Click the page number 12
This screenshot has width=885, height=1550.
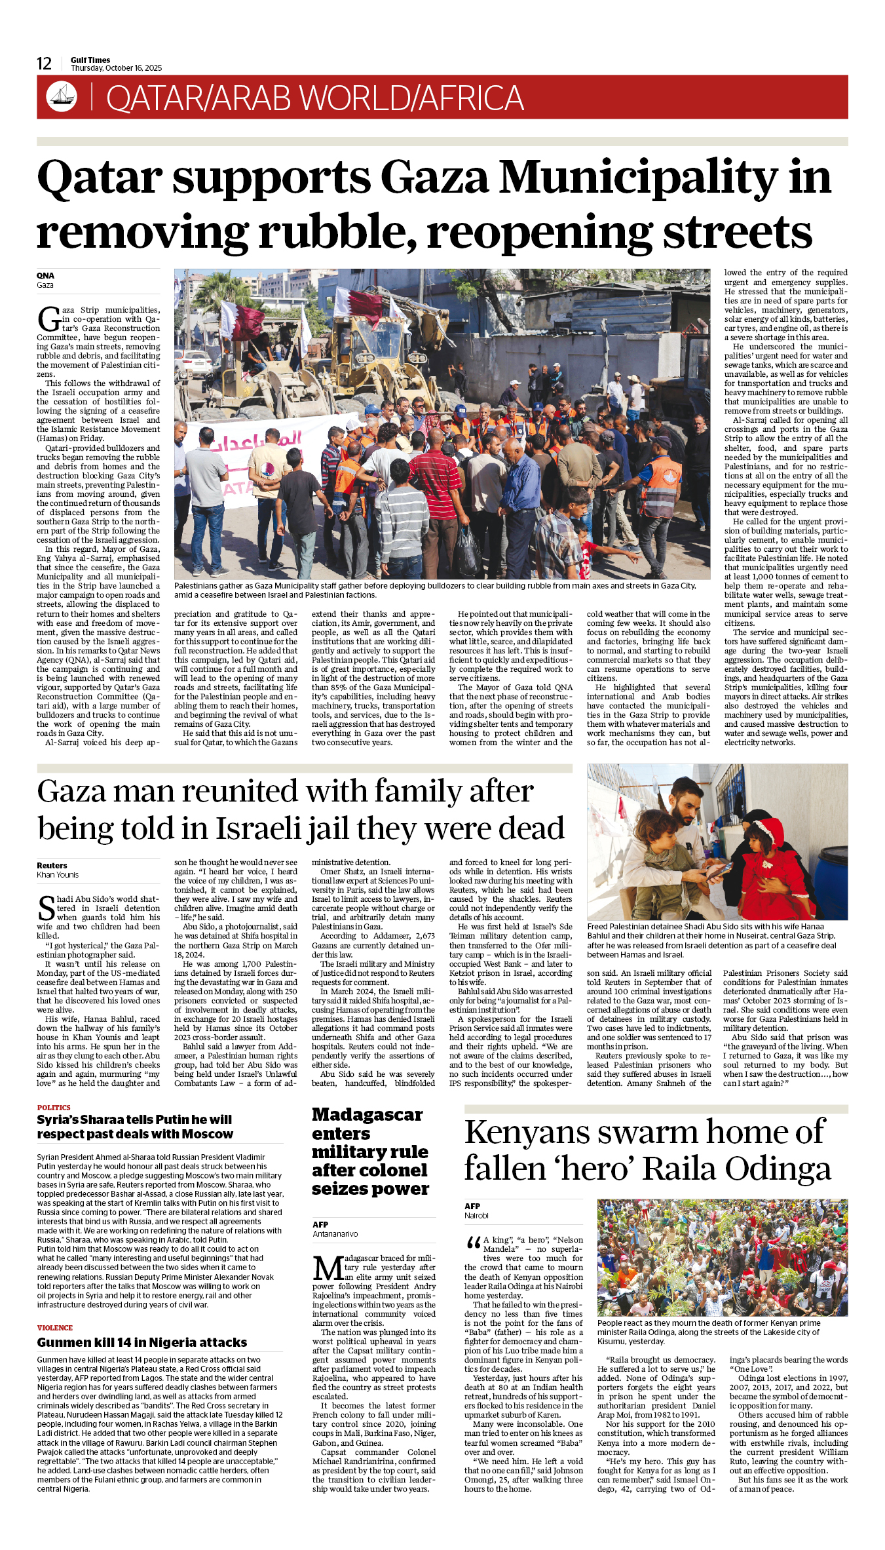[44, 64]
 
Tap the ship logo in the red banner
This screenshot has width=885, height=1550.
[62, 96]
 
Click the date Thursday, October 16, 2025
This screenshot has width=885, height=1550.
[116, 68]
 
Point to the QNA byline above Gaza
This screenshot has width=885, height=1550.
[45, 276]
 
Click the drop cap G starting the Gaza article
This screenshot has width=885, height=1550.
[48, 320]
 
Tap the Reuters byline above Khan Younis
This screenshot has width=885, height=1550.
[52, 865]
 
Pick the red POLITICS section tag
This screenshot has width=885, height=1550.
[54, 1108]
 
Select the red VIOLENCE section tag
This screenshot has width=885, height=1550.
[55, 1328]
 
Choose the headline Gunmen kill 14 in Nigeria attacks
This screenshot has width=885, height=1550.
[142, 1342]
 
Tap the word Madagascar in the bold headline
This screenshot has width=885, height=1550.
[367, 1115]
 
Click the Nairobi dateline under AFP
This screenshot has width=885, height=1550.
[476, 1215]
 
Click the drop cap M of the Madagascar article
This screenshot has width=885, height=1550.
[328, 1268]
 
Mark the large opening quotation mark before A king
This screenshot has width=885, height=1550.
[472, 1243]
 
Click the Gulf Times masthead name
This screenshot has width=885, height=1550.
[90, 60]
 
